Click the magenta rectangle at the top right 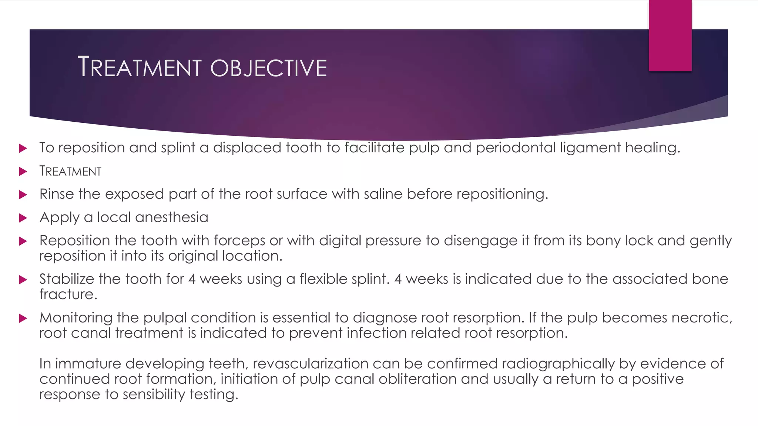[x=670, y=35]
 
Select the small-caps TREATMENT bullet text [x=70, y=171]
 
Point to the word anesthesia [x=172, y=217]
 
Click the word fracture [x=68, y=295]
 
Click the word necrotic [x=702, y=318]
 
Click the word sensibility [x=154, y=395]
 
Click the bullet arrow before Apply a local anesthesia [x=23, y=218]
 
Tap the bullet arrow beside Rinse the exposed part [x=23, y=195]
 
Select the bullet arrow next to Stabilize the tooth [x=23, y=280]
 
